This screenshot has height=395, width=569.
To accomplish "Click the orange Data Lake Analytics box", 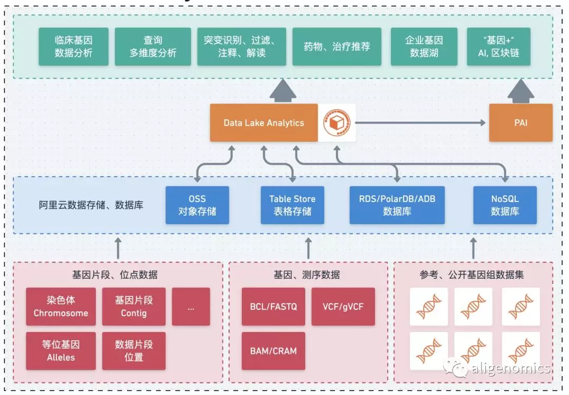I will click(x=263, y=123).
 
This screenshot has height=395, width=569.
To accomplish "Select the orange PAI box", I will click(x=521, y=123).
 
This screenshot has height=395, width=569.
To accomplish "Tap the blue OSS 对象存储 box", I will click(x=197, y=205).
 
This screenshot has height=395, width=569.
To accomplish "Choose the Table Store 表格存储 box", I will click(x=292, y=205).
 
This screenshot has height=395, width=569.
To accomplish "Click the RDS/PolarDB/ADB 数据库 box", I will click(x=397, y=205).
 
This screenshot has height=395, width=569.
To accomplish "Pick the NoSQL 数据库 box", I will click(x=505, y=205).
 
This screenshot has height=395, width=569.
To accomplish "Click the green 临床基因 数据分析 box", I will click(x=73, y=46).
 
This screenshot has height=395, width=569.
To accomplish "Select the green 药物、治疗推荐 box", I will click(x=337, y=46).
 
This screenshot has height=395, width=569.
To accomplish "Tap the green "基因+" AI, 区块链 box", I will click(x=498, y=46).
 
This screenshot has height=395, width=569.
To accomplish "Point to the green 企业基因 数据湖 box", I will click(x=424, y=46).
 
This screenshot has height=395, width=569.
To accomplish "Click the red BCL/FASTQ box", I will click(x=273, y=307).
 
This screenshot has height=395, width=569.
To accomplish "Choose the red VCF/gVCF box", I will click(x=343, y=307).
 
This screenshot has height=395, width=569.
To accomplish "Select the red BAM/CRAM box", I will click(x=273, y=351).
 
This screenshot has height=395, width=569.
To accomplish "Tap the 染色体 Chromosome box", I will click(x=61, y=307).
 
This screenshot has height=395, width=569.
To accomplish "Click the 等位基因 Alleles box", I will click(x=61, y=351).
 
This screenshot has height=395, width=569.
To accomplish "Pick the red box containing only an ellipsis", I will click(x=191, y=307).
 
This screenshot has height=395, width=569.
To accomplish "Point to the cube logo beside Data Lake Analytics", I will click(x=337, y=123).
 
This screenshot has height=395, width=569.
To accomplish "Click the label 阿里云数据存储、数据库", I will click(x=91, y=205).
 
